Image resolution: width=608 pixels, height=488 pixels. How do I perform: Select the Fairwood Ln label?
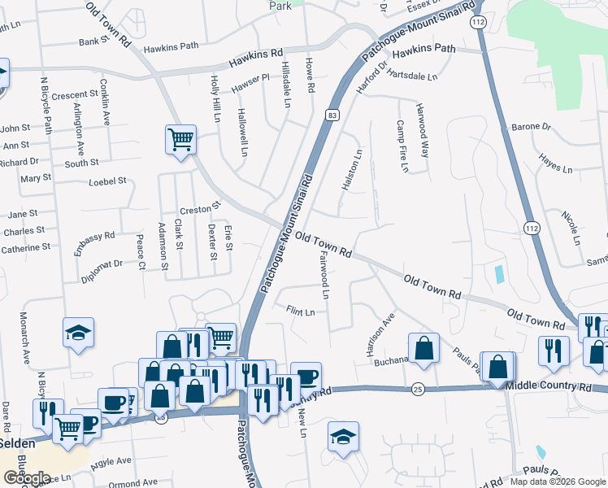324,274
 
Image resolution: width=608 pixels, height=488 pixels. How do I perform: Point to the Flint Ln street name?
301,310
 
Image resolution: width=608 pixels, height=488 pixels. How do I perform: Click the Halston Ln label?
355,171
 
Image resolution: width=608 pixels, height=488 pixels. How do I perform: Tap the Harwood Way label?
422,130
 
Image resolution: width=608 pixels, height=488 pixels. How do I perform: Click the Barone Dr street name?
530,128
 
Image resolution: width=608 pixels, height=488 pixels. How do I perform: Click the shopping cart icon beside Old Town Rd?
180,137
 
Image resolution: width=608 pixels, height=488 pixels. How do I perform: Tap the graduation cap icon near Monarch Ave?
79,332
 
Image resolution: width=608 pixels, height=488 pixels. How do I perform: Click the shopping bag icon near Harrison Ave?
423,347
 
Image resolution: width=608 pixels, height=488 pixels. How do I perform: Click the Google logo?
27,478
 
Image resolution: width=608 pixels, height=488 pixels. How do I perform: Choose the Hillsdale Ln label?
286,85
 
